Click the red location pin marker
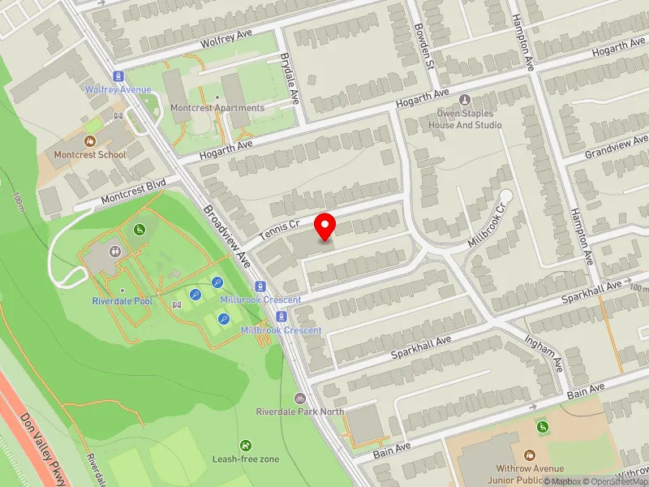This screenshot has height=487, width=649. click(x=325, y=226)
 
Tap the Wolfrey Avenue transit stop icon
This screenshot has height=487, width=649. click(x=118, y=75)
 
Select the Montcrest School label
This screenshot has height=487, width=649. click(x=89, y=154)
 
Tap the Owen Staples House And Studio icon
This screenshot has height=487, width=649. click(x=465, y=100)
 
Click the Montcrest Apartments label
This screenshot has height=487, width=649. click(x=217, y=108)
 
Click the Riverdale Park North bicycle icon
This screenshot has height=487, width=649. click(x=300, y=399)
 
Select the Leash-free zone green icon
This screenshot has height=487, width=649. click(x=246, y=446)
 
